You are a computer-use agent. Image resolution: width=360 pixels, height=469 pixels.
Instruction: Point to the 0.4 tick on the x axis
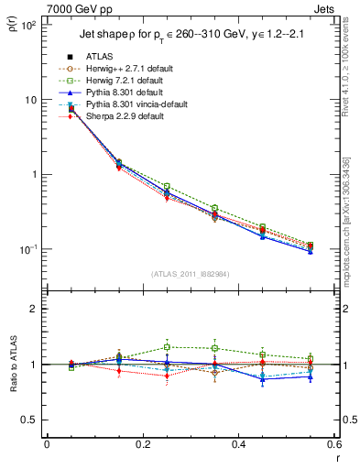point(238,444)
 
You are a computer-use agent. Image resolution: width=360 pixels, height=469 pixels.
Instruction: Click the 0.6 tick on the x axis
point(333,444)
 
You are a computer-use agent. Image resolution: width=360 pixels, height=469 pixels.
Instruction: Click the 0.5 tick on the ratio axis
point(30,420)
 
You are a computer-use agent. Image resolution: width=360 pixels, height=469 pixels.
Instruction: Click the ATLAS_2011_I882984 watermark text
point(191,274)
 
